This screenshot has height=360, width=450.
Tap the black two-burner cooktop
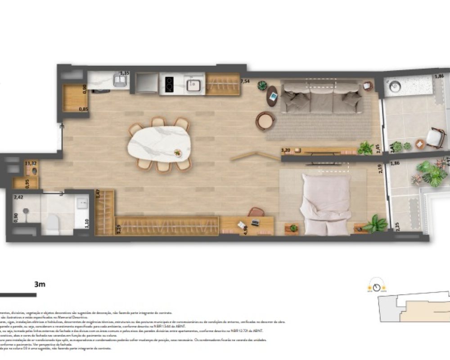pos(169,83)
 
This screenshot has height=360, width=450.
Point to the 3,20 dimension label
pos(285,150)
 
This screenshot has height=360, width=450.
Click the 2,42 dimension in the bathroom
pos(18,197)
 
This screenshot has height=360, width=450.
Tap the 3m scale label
pos(40,284)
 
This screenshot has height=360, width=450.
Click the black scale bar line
pos(18,295)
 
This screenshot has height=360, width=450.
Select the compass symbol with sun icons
pos(377,287)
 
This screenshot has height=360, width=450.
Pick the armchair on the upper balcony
pos(435,137)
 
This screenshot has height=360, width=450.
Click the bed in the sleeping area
pos(326,204)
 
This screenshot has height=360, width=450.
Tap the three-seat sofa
pos(322,97)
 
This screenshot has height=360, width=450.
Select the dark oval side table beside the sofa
pos(272,96)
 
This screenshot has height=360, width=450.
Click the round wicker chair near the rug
pos(265,121)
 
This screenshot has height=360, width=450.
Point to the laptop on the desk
pos(255,222)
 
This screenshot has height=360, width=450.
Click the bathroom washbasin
pos(82,203)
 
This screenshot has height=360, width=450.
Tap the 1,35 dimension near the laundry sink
pos(125,72)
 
